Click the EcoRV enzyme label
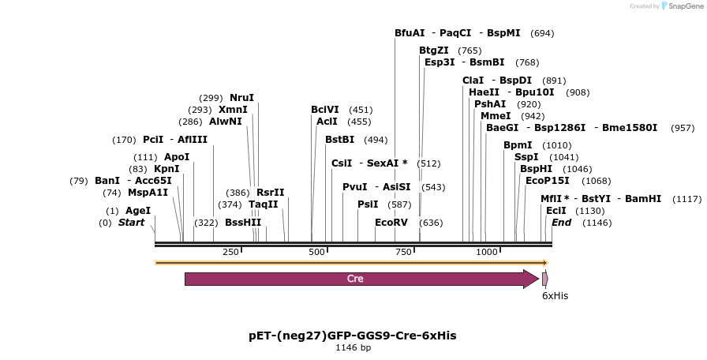pos(391,223)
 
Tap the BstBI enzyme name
pos(340,140)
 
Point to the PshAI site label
pos(490,103)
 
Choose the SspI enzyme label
pos(526,156)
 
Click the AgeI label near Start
pos(138,211)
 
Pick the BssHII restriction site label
pos(243,223)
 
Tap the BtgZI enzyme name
pos(434,51)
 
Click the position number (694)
pos(542,33)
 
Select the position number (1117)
pos(686,199)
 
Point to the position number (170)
pos(124,140)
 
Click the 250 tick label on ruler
pos(230,252)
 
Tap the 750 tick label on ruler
pos(403,252)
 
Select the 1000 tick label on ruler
pos(487,252)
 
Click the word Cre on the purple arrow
pos(355,279)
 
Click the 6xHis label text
pos(555,296)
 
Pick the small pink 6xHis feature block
pos(544,279)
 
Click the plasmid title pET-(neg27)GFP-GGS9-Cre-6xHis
pos(352,336)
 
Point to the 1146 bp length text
pos(353,347)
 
